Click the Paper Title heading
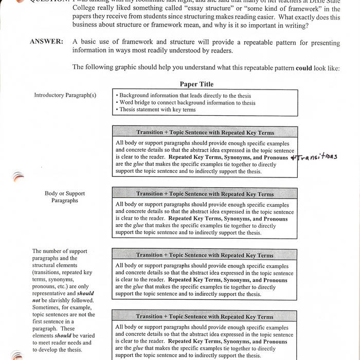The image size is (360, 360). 196,84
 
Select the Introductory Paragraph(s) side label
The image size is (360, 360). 65,95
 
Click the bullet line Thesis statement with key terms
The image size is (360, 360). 157,110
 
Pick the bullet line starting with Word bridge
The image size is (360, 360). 186,102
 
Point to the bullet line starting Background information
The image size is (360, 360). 184,96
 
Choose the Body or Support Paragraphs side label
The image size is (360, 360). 64,197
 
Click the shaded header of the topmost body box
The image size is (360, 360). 205,132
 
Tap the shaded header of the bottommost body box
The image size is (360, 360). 205,317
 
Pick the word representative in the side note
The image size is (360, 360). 50,294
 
